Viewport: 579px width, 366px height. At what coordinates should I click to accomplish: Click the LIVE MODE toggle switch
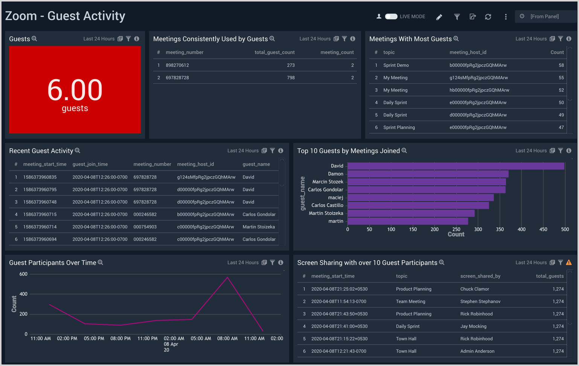coord(391,17)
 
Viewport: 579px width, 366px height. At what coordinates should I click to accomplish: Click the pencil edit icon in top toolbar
coord(439,17)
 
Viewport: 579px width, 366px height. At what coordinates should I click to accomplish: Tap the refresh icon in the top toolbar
coord(488,17)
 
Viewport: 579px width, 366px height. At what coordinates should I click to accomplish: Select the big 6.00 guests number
coord(75,90)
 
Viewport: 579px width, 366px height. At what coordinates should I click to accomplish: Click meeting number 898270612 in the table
coord(177,65)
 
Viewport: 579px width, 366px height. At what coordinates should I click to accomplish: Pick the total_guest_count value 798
coord(291,78)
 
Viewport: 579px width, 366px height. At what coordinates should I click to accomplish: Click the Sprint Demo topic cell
coord(396,65)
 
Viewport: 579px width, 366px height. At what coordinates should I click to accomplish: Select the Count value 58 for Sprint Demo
coord(561,65)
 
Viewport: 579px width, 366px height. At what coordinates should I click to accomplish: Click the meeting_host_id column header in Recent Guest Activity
coord(195,164)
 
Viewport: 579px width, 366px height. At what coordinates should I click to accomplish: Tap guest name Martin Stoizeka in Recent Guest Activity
coord(259,227)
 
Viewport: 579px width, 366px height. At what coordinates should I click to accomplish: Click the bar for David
coord(456,166)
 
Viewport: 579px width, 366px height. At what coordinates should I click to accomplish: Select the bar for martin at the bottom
coord(407,221)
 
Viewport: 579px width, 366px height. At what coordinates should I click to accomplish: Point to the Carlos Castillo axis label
coord(327,205)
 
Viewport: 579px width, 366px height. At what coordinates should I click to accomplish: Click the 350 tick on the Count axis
coord(500,229)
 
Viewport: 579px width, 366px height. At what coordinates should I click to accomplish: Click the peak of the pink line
coord(227,278)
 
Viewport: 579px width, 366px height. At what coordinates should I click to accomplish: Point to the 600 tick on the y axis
coord(23,274)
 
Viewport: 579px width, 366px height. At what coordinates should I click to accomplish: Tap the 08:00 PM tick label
coord(120,338)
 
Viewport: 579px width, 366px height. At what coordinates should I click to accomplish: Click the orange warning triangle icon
coord(569,262)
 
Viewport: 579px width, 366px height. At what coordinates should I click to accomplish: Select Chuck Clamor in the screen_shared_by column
coord(474,289)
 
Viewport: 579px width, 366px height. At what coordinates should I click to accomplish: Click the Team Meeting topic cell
coord(410,302)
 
